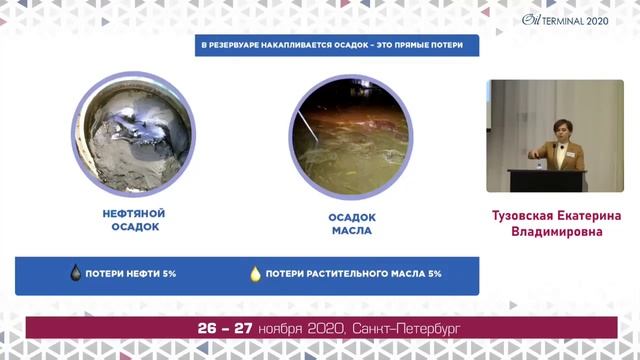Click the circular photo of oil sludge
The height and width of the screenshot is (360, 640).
[134, 133]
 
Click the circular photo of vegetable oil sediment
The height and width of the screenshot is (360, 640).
[350, 133]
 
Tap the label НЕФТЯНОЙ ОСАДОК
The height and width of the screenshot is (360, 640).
[134, 220]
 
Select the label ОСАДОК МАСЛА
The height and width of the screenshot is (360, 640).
[351, 223]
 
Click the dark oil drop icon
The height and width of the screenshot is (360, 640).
[75, 273]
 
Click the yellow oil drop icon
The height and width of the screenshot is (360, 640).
[255, 273]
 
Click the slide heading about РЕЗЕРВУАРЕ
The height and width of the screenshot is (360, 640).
[336, 46]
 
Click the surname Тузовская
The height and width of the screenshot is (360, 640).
[528, 214]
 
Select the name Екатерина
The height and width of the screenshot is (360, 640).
[594, 214]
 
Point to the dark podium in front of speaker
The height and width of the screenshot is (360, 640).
[546, 180]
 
